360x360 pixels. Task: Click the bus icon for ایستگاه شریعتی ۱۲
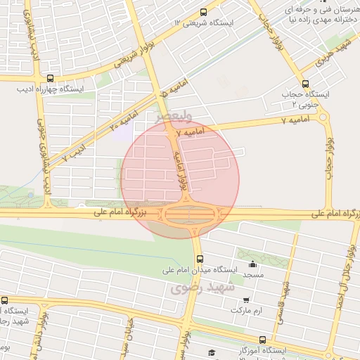pos(204,12)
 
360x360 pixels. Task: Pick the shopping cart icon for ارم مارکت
pos(245,300)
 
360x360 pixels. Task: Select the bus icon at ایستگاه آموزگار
pos(263,339)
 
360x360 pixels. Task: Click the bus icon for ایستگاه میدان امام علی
pos(200,258)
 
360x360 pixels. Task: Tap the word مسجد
pos(252,275)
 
